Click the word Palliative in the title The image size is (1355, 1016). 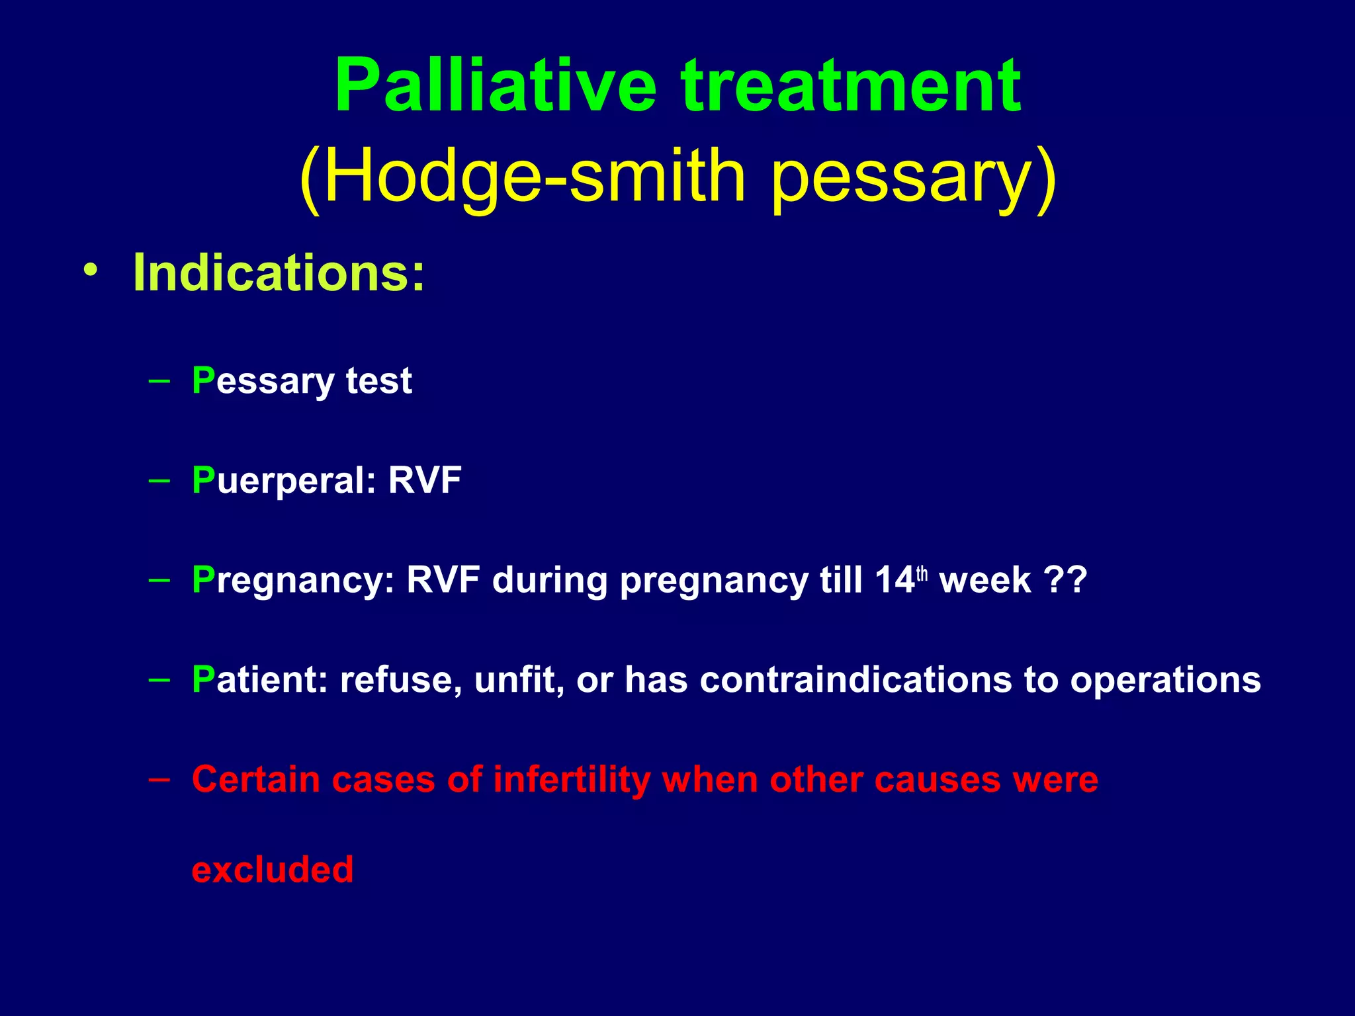coord(495,86)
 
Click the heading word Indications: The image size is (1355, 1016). coord(279,273)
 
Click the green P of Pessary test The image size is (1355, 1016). coord(202,380)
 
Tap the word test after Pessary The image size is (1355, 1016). coord(378,381)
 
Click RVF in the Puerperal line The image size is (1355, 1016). coord(424,480)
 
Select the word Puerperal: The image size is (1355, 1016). coord(284,481)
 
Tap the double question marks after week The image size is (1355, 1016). coord(1065,580)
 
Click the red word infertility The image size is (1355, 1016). coord(572,779)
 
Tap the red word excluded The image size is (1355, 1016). coord(272,869)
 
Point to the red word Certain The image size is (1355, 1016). coord(256,779)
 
